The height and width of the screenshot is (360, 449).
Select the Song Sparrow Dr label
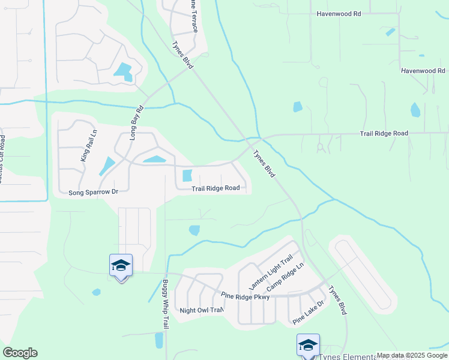pos(94,193)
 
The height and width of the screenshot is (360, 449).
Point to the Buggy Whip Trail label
pos(165,304)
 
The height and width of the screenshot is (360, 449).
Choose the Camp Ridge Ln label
pos(286,278)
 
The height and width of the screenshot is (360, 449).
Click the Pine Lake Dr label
pos(309,312)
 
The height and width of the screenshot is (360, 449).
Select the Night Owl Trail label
pos(202,310)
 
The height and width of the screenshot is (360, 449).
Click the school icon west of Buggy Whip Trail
pos(121,266)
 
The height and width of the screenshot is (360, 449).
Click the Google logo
pos(20,353)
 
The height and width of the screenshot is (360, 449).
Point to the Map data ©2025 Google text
pos(412,355)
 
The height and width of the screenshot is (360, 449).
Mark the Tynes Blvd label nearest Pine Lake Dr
pos(337,299)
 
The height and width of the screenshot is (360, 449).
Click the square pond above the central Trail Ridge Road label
pos(187,176)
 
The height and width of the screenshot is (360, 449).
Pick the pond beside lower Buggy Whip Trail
pos(158,340)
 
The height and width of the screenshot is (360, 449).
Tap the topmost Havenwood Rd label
pos(339,13)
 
